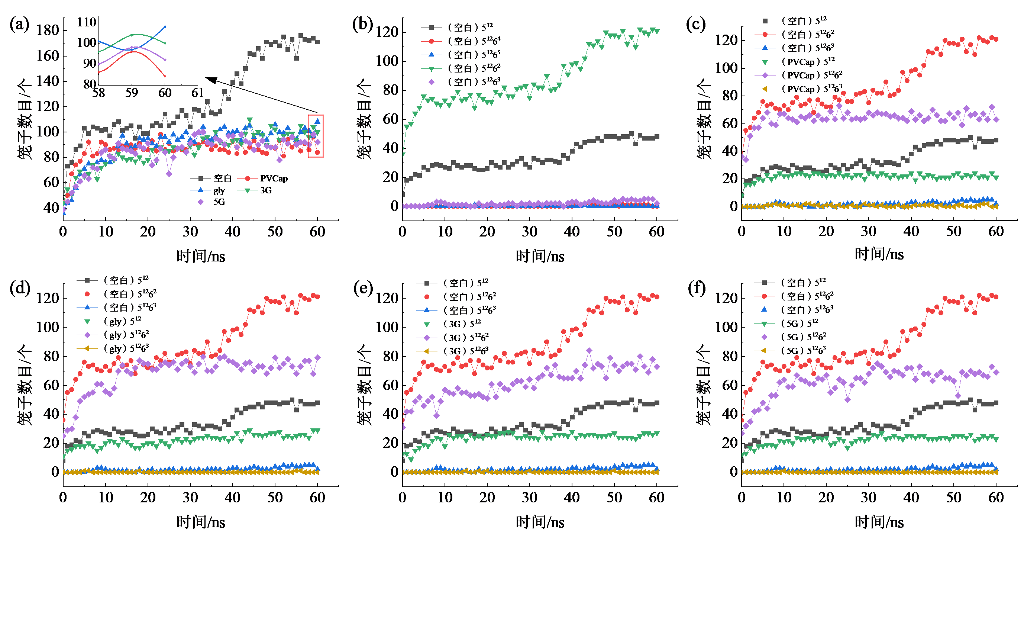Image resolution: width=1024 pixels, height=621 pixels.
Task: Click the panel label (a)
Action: pyautogui.click(x=19, y=25)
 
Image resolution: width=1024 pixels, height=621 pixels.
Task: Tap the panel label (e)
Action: pyautogui.click(x=363, y=288)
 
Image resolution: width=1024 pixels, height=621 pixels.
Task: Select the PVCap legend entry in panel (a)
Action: pyautogui.click(x=274, y=179)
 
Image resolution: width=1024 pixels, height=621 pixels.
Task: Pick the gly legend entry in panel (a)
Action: pyautogui.click(x=219, y=190)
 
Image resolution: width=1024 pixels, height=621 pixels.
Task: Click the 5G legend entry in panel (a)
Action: pyautogui.click(x=219, y=202)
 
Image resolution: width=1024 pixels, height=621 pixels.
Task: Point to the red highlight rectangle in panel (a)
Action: pyautogui.click(x=316, y=136)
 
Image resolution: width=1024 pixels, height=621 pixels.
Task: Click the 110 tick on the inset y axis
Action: pyautogui.click(x=87, y=22)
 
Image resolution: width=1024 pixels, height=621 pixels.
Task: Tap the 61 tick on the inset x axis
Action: pyautogui.click(x=197, y=93)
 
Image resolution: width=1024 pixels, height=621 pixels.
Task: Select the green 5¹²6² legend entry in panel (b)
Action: pyautogui.click(x=474, y=68)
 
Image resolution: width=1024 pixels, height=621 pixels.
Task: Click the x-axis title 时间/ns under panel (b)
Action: pyautogui.click(x=540, y=257)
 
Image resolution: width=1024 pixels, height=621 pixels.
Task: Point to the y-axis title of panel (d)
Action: pyautogui.click(x=25, y=384)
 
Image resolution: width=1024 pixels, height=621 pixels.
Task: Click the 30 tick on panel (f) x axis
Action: pyautogui.click(x=869, y=498)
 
